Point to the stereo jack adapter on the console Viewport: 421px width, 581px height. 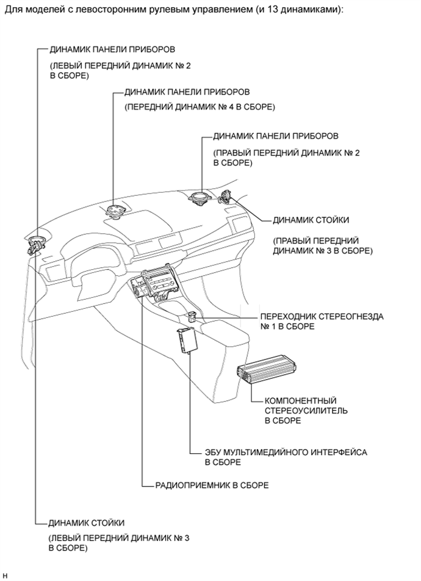click(192, 316)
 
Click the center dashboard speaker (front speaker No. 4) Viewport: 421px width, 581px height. click(114, 212)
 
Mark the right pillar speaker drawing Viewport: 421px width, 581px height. click(228, 197)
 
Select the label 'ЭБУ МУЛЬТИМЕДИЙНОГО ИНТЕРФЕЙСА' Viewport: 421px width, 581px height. click(286, 452)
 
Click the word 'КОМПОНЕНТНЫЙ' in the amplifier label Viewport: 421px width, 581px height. click(297, 401)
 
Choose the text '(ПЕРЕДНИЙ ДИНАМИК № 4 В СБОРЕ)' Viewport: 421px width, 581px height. click(199, 107)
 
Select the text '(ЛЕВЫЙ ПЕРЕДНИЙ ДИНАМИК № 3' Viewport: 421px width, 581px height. click(119, 538)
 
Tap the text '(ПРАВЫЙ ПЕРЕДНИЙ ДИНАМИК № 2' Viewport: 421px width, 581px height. click(286, 153)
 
